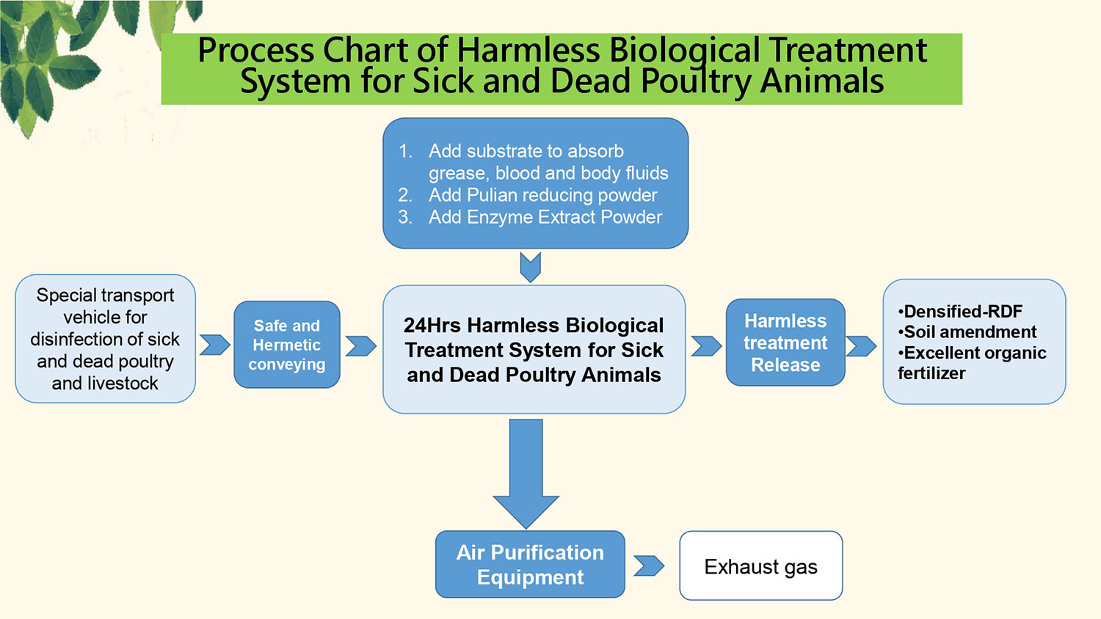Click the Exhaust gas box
click(761, 565)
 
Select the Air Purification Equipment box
click(530, 564)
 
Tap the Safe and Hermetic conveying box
click(287, 345)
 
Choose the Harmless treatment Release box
click(785, 343)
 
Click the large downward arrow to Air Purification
click(526, 474)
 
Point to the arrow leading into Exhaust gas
click(649, 565)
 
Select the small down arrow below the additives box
click(531, 267)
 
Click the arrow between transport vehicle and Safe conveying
click(215, 345)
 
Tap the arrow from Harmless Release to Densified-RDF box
click(861, 346)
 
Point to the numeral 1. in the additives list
click(405, 151)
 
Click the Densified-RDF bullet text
click(960, 311)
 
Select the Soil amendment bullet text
click(967, 332)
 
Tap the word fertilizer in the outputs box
click(931, 373)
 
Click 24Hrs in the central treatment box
click(432, 325)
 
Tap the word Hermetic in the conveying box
click(286, 345)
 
